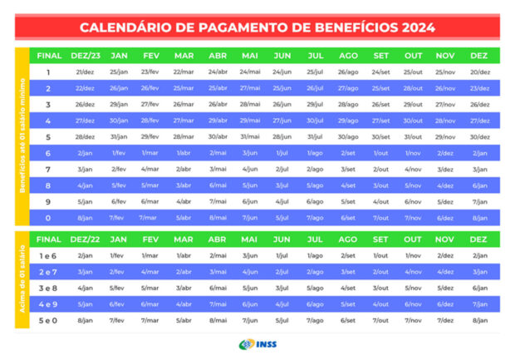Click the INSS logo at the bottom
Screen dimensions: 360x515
[x=257, y=343]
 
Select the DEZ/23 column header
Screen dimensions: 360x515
[x=85, y=56]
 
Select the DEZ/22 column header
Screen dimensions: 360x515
[x=85, y=239]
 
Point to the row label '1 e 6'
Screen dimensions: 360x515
[x=48, y=255]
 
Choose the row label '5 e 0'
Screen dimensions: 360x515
[x=48, y=320]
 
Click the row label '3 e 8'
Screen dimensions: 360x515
[x=48, y=288]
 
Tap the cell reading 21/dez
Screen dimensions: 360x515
[x=85, y=72]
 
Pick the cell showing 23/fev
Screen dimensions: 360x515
[x=150, y=72]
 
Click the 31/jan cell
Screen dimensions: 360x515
[x=119, y=137]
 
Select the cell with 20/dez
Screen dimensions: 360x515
[x=479, y=72]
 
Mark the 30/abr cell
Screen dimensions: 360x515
[x=218, y=137]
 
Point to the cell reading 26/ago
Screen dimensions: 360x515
[x=348, y=72]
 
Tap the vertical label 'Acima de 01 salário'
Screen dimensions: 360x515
[x=22, y=279]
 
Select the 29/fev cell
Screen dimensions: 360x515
[x=150, y=137]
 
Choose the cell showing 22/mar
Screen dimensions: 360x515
[x=184, y=72]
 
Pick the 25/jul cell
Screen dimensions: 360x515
[x=315, y=72]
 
